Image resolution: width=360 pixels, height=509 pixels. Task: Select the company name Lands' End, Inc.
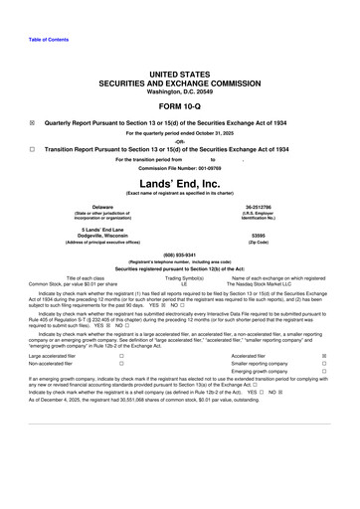(x=179, y=185)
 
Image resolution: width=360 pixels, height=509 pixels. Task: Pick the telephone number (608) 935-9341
(x=179, y=253)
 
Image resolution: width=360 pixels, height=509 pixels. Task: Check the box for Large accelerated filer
(x=120, y=354)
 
